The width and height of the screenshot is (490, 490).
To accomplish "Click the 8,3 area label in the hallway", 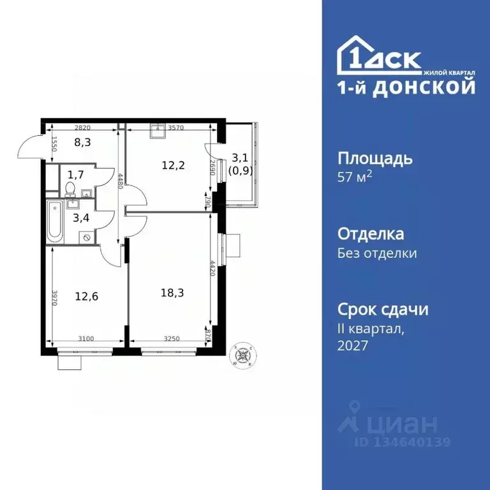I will pos(83,142).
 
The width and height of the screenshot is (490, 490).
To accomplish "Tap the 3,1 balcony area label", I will pos(239,157).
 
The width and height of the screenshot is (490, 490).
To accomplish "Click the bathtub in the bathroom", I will pos(56,221).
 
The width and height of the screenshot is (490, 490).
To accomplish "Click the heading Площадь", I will pos(375,158).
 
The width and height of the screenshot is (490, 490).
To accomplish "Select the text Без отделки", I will pos(376,253).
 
